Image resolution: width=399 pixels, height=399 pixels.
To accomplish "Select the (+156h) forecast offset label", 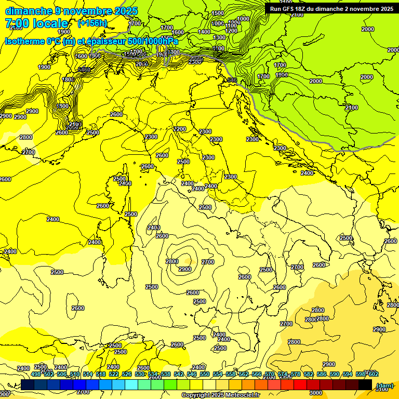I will (92, 23).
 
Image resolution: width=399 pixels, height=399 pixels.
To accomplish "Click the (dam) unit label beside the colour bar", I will (384, 385).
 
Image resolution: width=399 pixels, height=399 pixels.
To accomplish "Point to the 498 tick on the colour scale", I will (36, 374).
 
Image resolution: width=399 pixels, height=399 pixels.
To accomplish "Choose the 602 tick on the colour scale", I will (374, 374).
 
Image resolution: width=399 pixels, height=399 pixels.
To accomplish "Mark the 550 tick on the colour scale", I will (205, 374).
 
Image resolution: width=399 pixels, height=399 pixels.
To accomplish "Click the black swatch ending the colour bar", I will (365, 385).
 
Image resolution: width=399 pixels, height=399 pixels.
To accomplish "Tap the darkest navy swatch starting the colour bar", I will (28, 385).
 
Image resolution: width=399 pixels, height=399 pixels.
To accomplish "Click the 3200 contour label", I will (180, 129).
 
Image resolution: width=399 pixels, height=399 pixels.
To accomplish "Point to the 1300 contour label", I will (219, 37).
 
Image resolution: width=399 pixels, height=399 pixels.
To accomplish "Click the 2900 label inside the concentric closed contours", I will (184, 269).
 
